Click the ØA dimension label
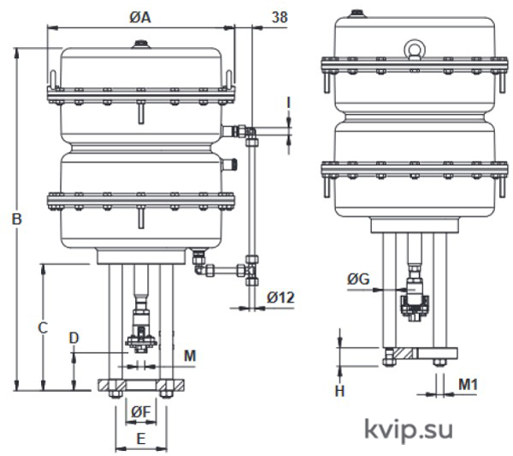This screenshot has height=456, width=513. tap(139, 17)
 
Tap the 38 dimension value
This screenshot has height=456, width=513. tap(280, 17)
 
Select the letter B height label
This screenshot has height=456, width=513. tap(17, 219)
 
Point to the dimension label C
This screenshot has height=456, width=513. tap(43, 328)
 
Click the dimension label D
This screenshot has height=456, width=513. tap(74, 338)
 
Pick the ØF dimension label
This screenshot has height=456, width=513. tap(141, 412)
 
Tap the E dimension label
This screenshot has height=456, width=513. tap(141, 439)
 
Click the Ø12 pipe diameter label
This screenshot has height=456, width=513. tap(280, 297)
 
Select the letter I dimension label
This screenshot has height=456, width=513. tap(288, 104)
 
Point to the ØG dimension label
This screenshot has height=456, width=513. tap(358, 279)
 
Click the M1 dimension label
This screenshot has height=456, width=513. tap(469, 384)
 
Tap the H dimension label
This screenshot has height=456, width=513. tap(340, 391)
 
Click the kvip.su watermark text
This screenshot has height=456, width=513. tap(409, 429)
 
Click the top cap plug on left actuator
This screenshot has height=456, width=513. tap(141, 44)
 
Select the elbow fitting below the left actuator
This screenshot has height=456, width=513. tap(199, 270)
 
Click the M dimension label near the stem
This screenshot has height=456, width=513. tap(190, 356)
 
